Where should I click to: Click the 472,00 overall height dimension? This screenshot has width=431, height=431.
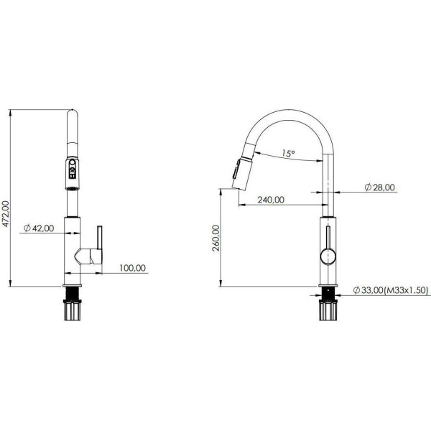coord(6,213)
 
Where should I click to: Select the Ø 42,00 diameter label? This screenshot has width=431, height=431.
coord(39,228)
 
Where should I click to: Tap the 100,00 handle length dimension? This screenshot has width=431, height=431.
coord(132,268)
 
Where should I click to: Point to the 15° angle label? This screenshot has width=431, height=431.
coord(287,153)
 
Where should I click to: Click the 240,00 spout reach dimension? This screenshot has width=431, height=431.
coord(269,200)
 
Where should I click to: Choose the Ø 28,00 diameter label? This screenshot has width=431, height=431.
coord(379,187)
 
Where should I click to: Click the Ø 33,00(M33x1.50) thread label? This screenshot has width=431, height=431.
coord(390,290)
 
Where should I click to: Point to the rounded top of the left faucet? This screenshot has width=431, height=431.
coord(73,113)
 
